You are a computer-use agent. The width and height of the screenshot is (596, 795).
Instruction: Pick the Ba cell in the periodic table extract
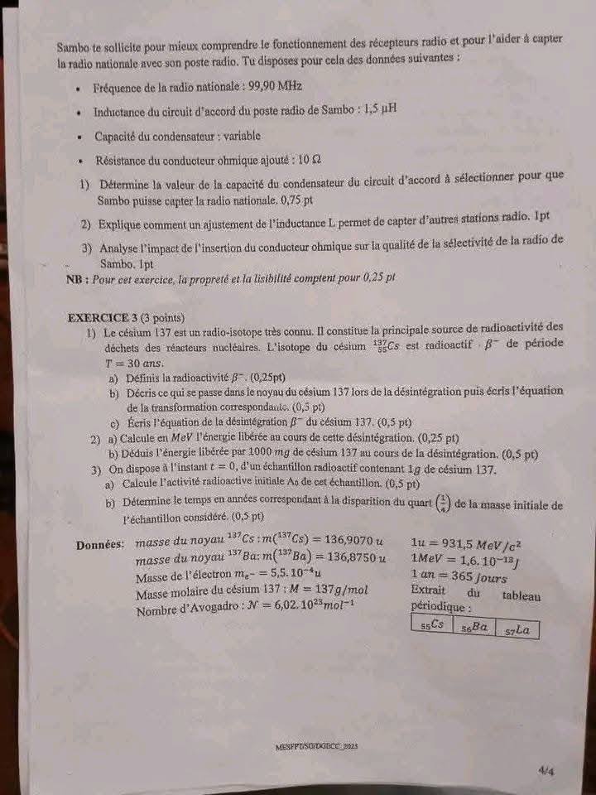[x=474, y=627]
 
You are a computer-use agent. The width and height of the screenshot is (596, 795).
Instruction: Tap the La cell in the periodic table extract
[x=518, y=629]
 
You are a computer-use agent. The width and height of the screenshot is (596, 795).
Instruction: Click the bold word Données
[x=99, y=545]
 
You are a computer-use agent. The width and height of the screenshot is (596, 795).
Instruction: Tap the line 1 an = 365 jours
[x=459, y=576]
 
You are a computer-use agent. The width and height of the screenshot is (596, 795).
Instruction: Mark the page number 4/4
[x=546, y=770]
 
